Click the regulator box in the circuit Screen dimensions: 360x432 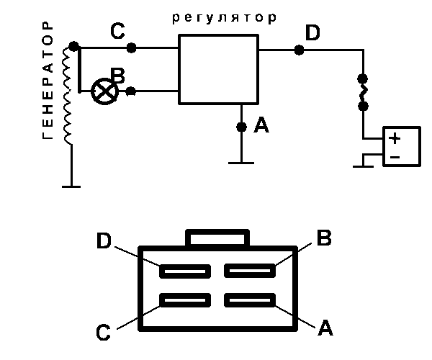(218, 69)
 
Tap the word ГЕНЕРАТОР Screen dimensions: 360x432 (48, 80)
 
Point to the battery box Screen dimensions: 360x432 (401, 147)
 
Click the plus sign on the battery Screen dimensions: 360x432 (395, 138)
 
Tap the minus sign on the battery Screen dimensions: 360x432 (395, 156)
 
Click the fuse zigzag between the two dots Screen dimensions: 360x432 (363, 91)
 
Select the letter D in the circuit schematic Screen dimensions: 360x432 (312, 32)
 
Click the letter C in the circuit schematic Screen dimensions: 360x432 (119, 32)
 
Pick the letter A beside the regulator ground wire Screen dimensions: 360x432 (261, 127)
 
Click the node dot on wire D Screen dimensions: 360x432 (299, 50)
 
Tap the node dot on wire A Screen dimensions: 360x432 (241, 127)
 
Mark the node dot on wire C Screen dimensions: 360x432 (131, 48)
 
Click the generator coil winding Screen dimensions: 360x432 (69, 94)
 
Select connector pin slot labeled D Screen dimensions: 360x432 (185, 271)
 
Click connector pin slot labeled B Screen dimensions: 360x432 (250, 271)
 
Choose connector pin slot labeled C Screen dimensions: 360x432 (185, 300)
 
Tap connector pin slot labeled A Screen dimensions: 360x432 (250, 300)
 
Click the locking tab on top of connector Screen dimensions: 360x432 (218, 238)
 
